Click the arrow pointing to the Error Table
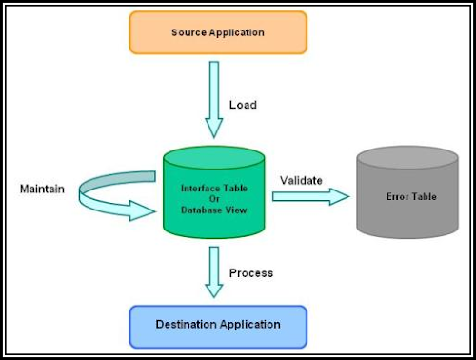310,196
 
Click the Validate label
301,179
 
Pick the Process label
251,273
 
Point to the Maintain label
43,189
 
